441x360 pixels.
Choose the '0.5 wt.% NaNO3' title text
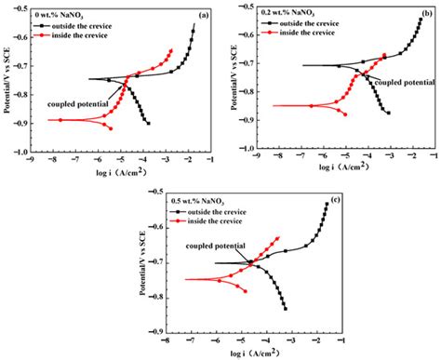(194, 199)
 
